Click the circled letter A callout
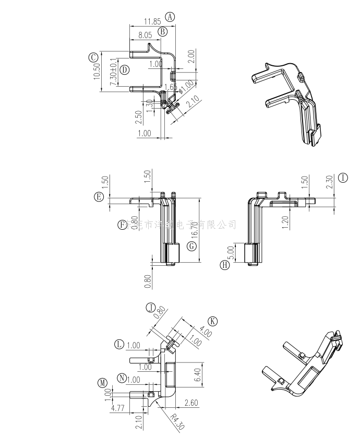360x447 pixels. [x=170, y=17]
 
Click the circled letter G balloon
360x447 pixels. [x=192, y=245]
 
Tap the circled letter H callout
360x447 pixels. [x=225, y=265]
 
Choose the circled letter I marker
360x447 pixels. [x=342, y=178]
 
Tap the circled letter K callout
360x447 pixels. [x=212, y=321]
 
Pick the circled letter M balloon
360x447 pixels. [x=102, y=384]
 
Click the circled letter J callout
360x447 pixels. [x=151, y=307]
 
